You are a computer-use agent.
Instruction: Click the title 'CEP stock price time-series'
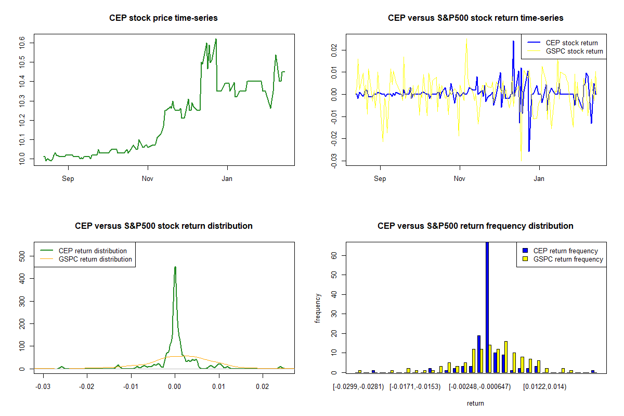coord(163,18)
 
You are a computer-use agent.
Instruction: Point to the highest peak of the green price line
coord(216,39)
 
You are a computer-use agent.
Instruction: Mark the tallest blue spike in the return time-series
coord(513,41)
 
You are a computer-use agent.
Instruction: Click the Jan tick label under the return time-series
coord(540,179)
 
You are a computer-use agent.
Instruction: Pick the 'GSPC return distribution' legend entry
coord(95,259)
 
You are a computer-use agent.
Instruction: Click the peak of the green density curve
coord(175,267)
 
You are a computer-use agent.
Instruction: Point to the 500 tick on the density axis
coord(22,256)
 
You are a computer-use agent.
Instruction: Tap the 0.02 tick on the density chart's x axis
coord(263,386)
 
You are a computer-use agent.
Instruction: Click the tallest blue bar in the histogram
coord(487,307)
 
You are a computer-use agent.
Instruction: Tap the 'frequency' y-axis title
coord(318,308)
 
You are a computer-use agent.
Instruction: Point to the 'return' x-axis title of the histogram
coord(475,403)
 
